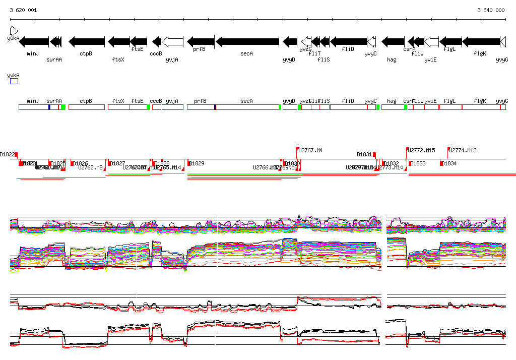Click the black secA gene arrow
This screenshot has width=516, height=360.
click(247, 41)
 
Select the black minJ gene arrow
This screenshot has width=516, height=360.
click(34, 41)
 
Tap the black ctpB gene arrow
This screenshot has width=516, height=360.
click(87, 41)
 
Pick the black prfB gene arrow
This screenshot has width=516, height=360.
click(201, 41)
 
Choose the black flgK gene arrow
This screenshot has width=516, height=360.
click(481, 41)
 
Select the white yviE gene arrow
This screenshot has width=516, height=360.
click(431, 41)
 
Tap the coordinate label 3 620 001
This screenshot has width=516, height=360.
click(23, 10)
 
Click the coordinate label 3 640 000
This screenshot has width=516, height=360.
click(491, 10)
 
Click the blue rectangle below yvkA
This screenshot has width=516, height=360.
click(14, 81)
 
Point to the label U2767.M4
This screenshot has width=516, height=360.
click(310, 150)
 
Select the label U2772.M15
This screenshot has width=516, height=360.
click(422, 150)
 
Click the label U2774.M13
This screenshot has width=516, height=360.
click(463, 150)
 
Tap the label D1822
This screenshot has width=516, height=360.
click(8, 154)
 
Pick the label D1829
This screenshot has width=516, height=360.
click(197, 163)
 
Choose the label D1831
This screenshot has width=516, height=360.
click(364, 154)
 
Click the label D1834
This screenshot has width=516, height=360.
click(449, 163)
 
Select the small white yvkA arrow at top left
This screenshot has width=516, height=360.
click(14, 30)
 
